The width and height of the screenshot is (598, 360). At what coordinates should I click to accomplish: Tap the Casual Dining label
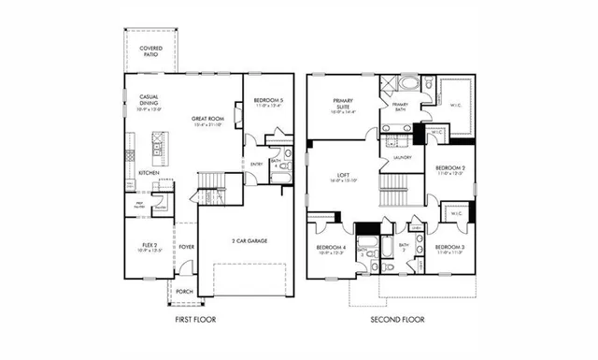149,100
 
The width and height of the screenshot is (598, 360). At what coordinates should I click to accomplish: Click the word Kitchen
149,173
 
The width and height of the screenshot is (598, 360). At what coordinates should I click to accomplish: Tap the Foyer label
186,248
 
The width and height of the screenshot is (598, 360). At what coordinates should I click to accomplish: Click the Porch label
185,290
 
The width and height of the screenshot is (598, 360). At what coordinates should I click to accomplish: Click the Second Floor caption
396,320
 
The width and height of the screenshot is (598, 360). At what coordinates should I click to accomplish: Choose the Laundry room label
404,157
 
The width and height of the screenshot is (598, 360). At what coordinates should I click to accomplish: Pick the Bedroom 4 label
331,249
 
